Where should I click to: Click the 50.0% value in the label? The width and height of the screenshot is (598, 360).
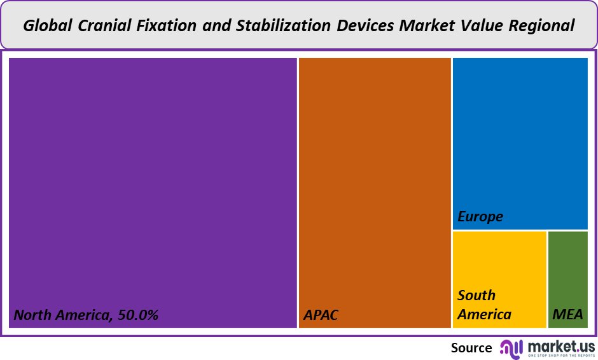pyautogui.click(x=136, y=315)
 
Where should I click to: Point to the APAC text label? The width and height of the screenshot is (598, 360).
pyautogui.click(x=321, y=315)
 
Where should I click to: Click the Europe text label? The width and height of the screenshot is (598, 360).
pyautogui.click(x=480, y=217)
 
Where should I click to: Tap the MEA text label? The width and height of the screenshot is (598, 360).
pyautogui.click(x=567, y=315)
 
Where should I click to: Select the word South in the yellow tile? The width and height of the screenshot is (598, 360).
pyautogui.click(x=476, y=295)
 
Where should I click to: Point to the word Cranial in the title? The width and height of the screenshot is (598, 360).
pyautogui.click(x=101, y=26)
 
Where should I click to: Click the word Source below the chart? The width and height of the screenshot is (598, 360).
pyautogui.click(x=471, y=348)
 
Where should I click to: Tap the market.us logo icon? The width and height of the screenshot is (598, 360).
pyautogui.click(x=510, y=348)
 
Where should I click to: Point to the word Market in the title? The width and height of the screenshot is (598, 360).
pyautogui.click(x=426, y=26)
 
